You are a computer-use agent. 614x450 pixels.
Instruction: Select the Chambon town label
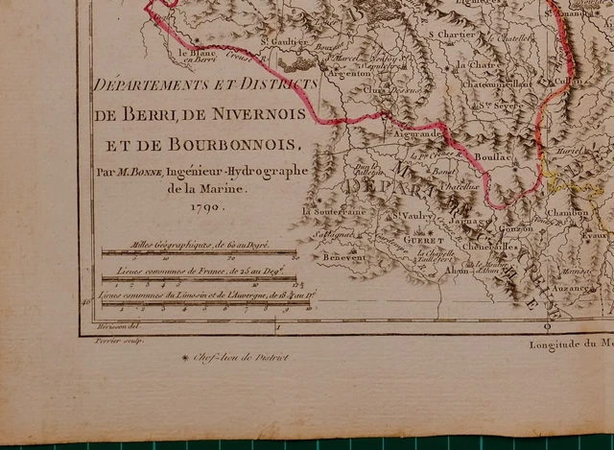tap(566, 213)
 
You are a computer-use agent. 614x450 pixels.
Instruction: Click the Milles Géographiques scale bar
tap(199, 253)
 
